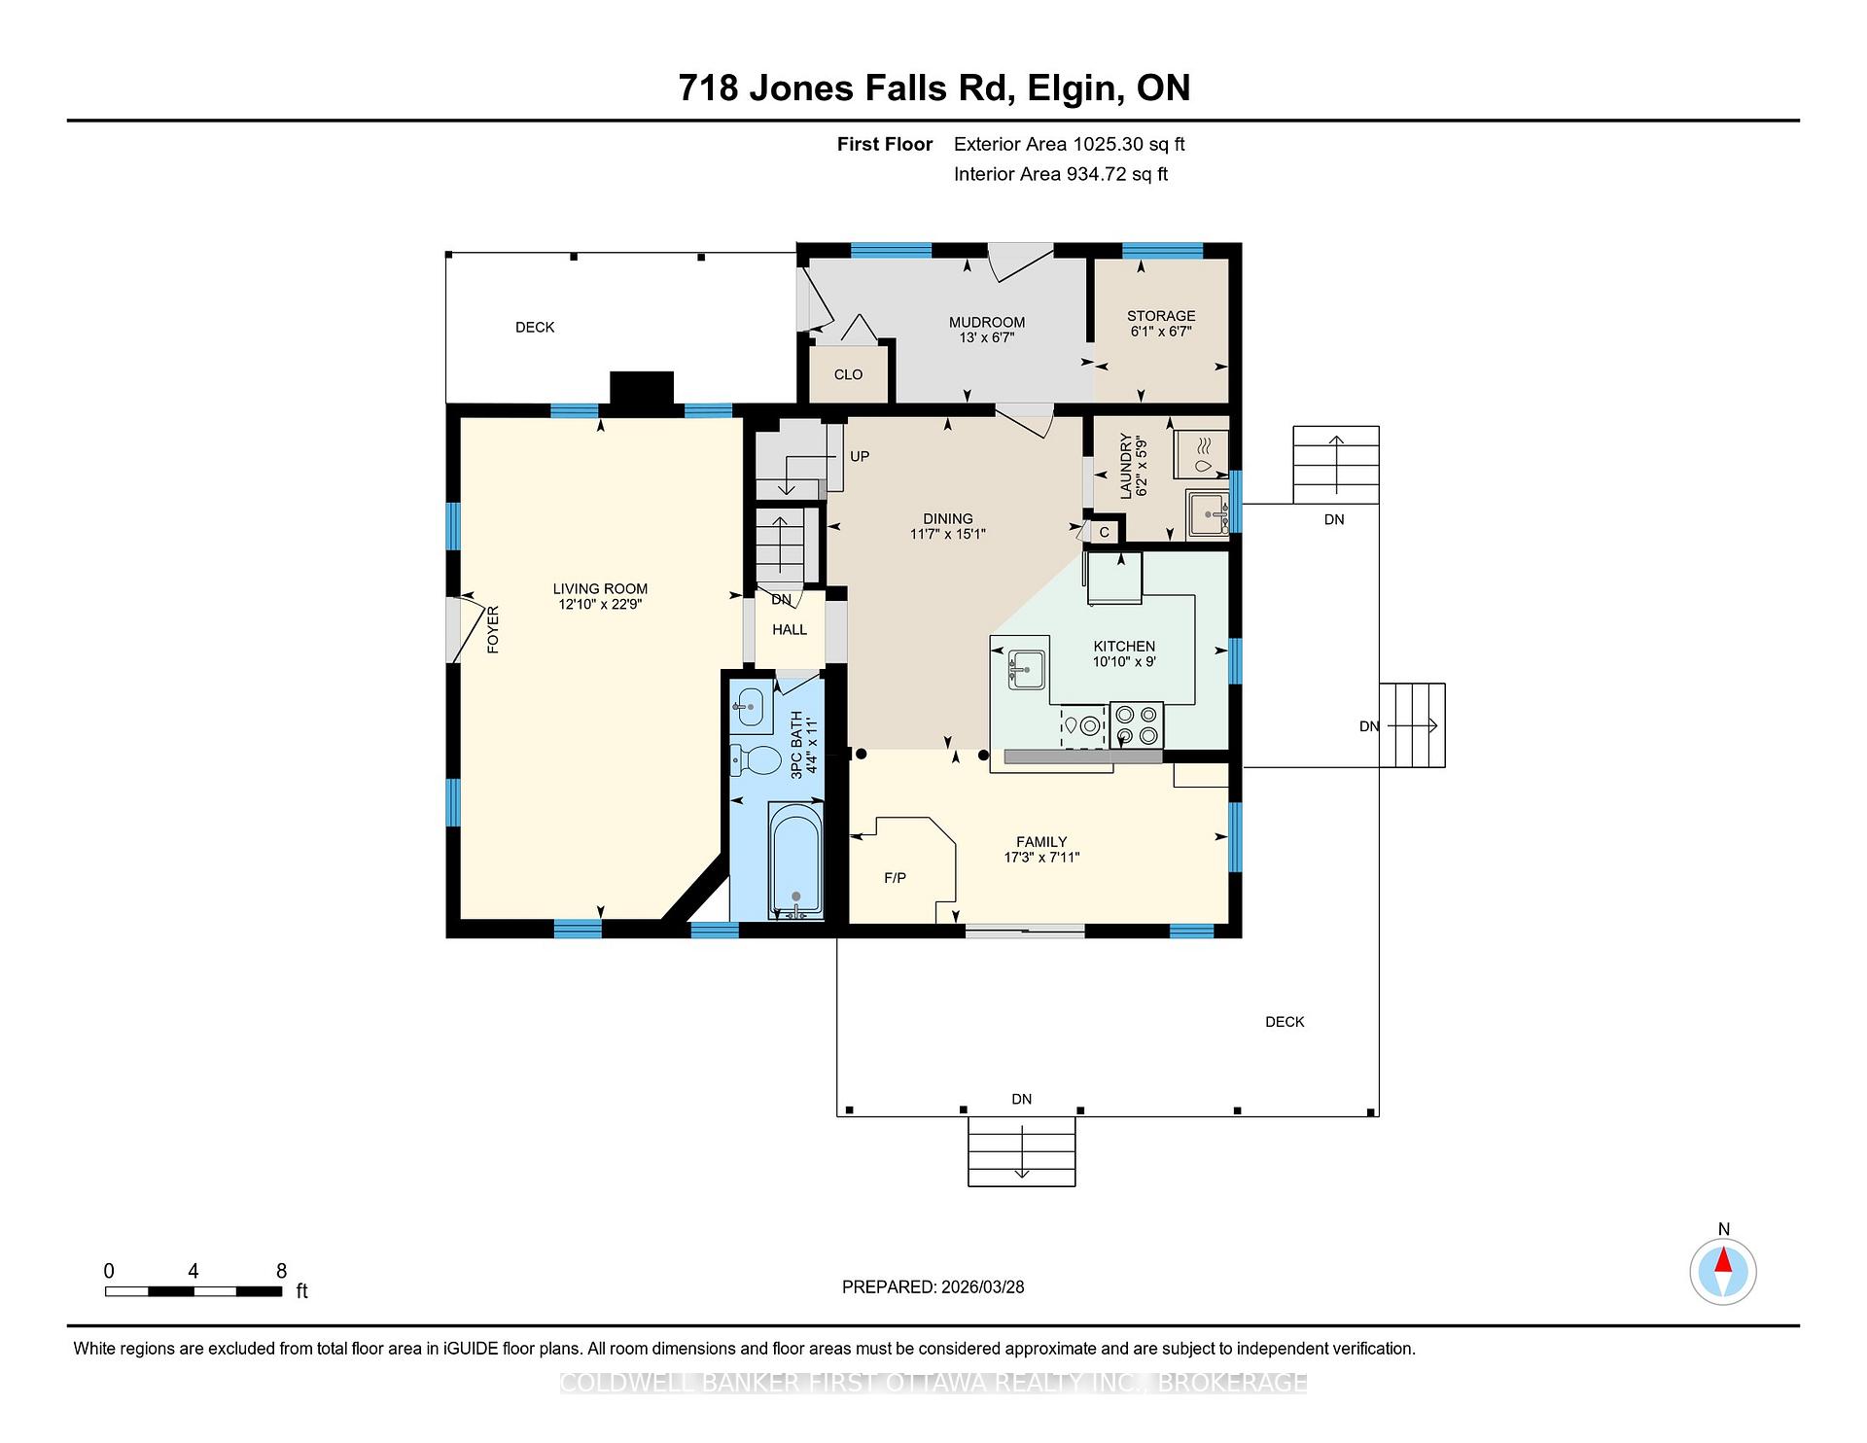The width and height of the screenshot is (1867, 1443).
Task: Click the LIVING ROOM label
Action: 600,588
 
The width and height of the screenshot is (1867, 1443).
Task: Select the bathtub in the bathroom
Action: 795,859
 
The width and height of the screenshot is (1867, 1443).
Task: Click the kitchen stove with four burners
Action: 1136,725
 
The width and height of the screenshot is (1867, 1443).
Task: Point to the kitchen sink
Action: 1025,669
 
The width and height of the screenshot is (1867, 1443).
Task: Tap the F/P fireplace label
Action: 895,878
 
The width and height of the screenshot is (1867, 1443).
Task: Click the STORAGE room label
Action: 1161,316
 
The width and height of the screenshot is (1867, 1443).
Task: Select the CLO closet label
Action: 848,374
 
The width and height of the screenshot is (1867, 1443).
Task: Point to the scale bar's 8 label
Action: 281,1271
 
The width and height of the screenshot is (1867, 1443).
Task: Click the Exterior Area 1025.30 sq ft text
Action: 1069,144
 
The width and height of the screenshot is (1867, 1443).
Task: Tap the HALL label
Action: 790,629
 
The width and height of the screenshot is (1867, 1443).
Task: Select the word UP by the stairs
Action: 860,456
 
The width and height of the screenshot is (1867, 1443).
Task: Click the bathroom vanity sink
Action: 748,707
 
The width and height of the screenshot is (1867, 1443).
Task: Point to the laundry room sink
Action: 1207,514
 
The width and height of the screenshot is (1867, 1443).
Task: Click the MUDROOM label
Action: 987,322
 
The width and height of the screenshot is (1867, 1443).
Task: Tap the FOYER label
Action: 493,629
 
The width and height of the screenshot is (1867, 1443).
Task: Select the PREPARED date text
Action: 933,1286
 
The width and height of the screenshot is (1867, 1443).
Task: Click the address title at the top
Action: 933,88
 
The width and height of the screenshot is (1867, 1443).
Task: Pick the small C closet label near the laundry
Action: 1104,532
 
